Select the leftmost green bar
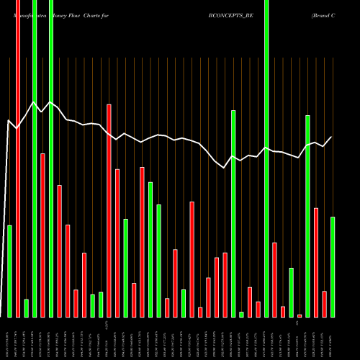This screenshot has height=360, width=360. (9, 271)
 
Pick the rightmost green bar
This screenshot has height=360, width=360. (333, 267)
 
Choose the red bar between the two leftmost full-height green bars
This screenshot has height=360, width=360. (42, 235)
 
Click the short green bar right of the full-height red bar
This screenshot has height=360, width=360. (26, 308)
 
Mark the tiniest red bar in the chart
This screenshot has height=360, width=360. (300, 315)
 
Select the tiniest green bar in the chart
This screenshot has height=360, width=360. (241, 315)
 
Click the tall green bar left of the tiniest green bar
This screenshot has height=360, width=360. (233, 214)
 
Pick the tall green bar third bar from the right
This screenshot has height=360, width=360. (307, 216)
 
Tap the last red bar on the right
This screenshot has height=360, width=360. (325, 304)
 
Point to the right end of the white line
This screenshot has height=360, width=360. (332, 137)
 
